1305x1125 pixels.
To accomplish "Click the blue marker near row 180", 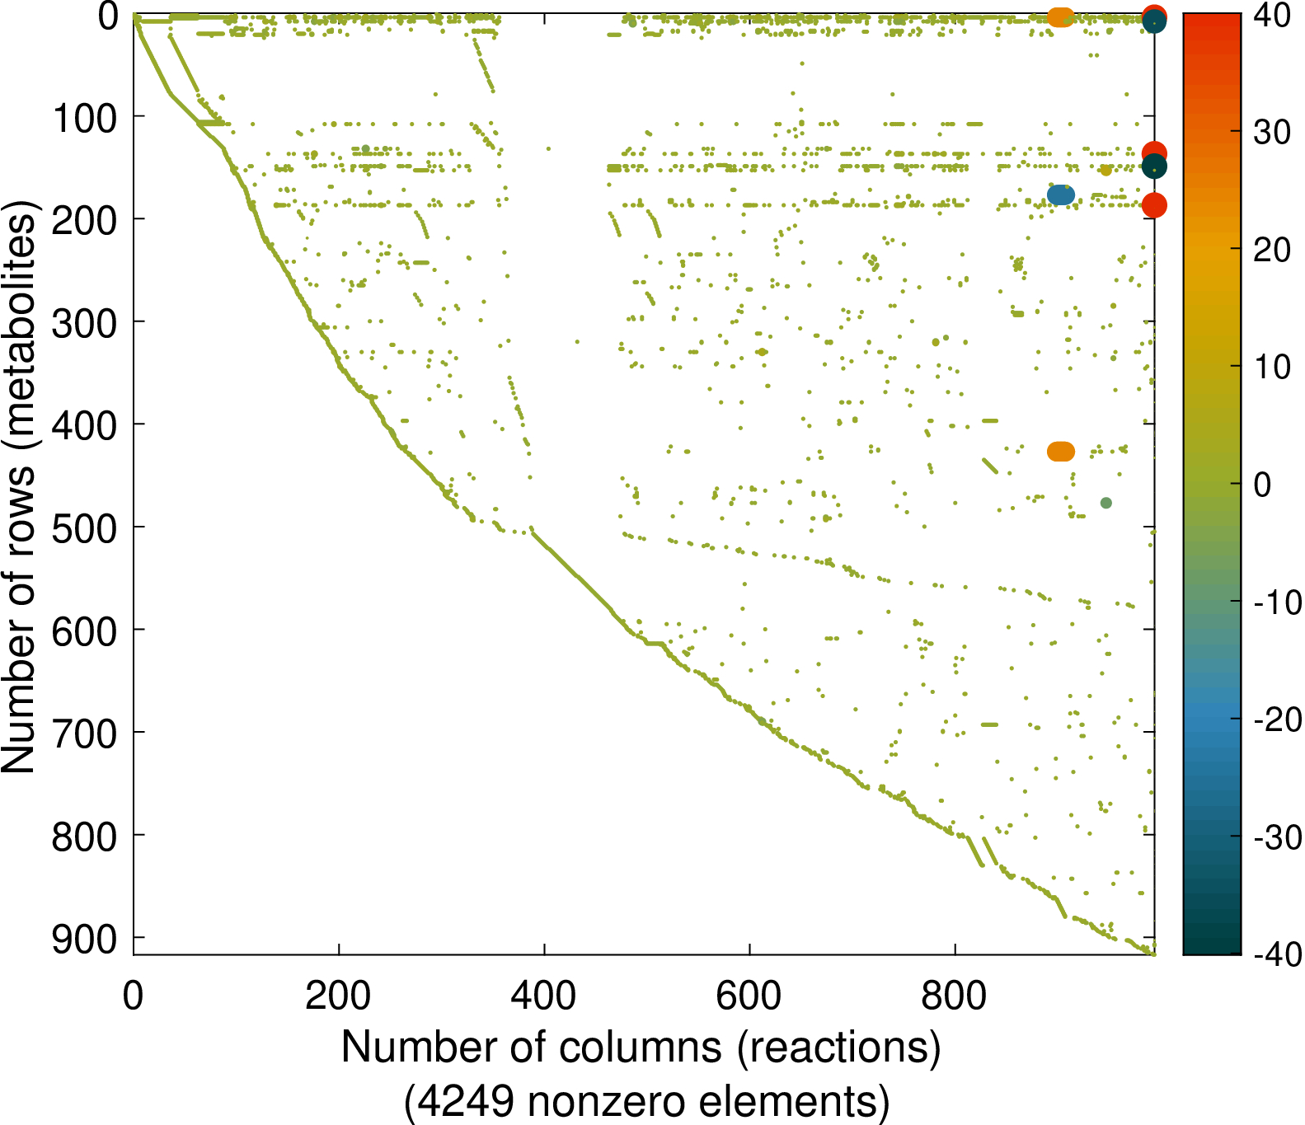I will click(1061, 195).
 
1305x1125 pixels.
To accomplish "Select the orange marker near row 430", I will click(1061, 452).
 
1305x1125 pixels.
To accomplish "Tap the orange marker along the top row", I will click(1060, 16).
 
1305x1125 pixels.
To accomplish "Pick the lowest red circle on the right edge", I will click(1154, 205).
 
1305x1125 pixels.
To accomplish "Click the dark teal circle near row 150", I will click(1154, 166).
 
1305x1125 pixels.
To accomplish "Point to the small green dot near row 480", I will click(1106, 503).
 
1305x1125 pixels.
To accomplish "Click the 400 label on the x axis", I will click(543, 996).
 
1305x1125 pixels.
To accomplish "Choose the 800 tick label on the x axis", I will click(955, 996).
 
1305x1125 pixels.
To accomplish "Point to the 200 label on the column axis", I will click(338, 996).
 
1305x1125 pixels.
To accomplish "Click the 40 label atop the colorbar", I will click(1271, 15).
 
